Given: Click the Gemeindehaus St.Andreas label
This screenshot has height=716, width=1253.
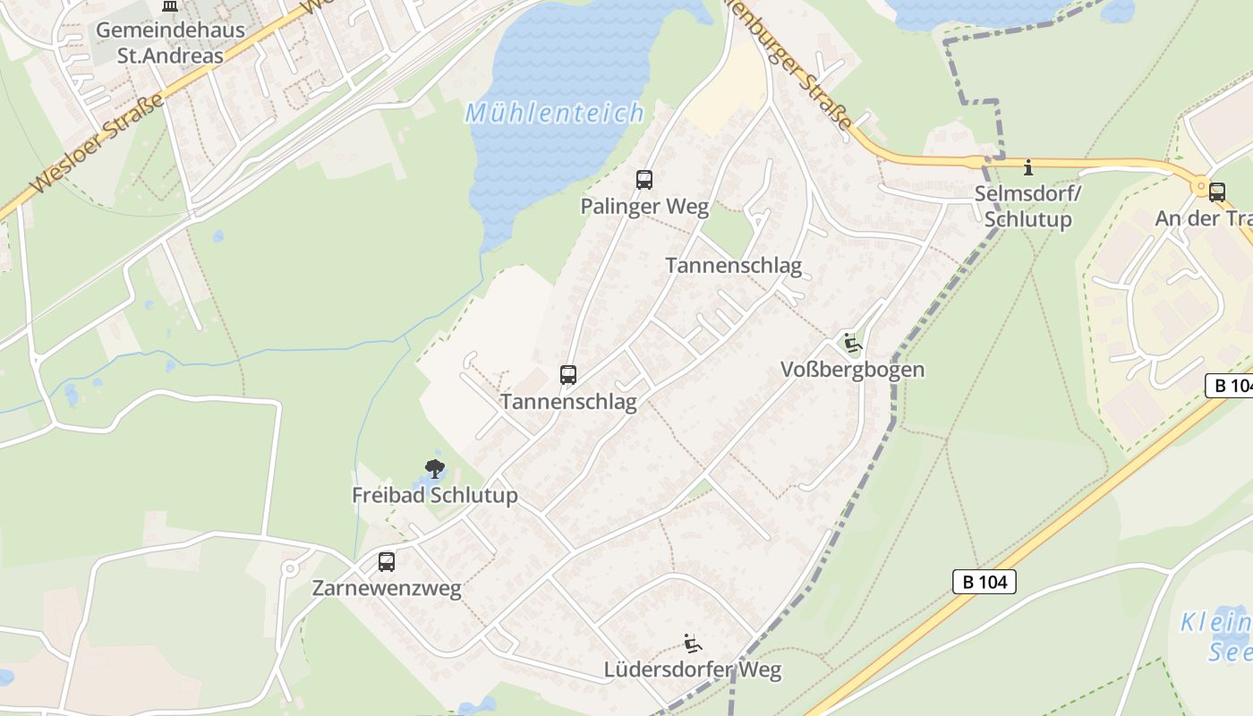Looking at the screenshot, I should tap(170, 42).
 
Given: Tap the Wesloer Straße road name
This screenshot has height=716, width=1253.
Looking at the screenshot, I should tap(98, 143).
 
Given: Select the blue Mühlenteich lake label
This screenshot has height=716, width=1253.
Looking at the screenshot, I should tap(555, 113).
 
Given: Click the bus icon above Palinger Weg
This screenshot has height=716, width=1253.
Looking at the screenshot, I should tap(644, 180).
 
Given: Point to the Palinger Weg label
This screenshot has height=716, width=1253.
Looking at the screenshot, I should tap(644, 207).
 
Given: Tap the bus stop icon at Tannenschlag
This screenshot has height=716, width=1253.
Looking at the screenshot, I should tap(568, 375).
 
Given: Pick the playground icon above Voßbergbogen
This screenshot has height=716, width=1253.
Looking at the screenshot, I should tap(852, 343).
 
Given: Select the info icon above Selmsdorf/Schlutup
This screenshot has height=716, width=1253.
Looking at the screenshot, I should tap(1028, 167).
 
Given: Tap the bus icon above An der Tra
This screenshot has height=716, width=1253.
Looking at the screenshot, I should tap(1216, 192).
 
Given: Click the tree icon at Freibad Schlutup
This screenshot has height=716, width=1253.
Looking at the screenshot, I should tap(435, 468).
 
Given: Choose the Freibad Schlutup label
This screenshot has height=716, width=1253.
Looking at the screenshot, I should tap(435, 495).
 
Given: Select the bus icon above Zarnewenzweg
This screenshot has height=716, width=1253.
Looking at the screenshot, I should tap(387, 562).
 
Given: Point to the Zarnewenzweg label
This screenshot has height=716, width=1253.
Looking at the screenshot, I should tap(387, 589).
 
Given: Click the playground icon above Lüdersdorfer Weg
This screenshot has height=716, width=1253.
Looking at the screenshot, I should tap(692, 643).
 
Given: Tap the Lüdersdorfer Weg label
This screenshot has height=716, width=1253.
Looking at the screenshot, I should tap(693, 669).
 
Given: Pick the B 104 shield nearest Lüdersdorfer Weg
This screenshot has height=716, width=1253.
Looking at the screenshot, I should tap(984, 582).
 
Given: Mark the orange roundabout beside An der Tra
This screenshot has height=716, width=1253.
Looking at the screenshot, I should tap(1199, 185).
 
